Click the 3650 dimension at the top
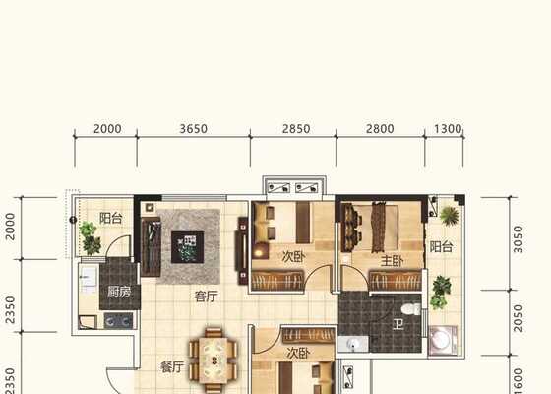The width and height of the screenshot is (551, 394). click(x=193, y=129)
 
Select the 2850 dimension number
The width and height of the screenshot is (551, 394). click(x=296, y=129)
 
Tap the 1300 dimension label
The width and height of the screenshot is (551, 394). click(x=448, y=129)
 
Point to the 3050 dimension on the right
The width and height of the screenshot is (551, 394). click(x=518, y=239)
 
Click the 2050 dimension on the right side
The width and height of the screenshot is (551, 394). click(x=518, y=318)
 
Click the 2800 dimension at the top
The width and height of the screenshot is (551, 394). click(x=380, y=129)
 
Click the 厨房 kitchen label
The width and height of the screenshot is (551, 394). click(x=119, y=292)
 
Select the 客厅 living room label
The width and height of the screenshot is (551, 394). click(x=207, y=296)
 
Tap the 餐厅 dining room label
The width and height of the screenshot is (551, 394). click(x=172, y=367)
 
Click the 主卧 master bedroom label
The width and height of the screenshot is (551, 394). click(x=393, y=261)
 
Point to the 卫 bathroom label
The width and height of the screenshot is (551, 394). click(x=398, y=324)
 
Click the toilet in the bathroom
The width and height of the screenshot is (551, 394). click(x=410, y=309)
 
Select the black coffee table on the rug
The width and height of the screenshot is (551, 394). click(x=187, y=247)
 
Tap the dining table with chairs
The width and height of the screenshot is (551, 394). click(x=213, y=361)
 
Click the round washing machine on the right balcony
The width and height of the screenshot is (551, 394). click(x=442, y=340)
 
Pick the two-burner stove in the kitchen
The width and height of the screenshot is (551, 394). click(x=118, y=321)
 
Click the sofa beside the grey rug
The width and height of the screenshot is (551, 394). click(x=151, y=246)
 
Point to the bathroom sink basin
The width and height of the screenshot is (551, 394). click(x=353, y=344)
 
